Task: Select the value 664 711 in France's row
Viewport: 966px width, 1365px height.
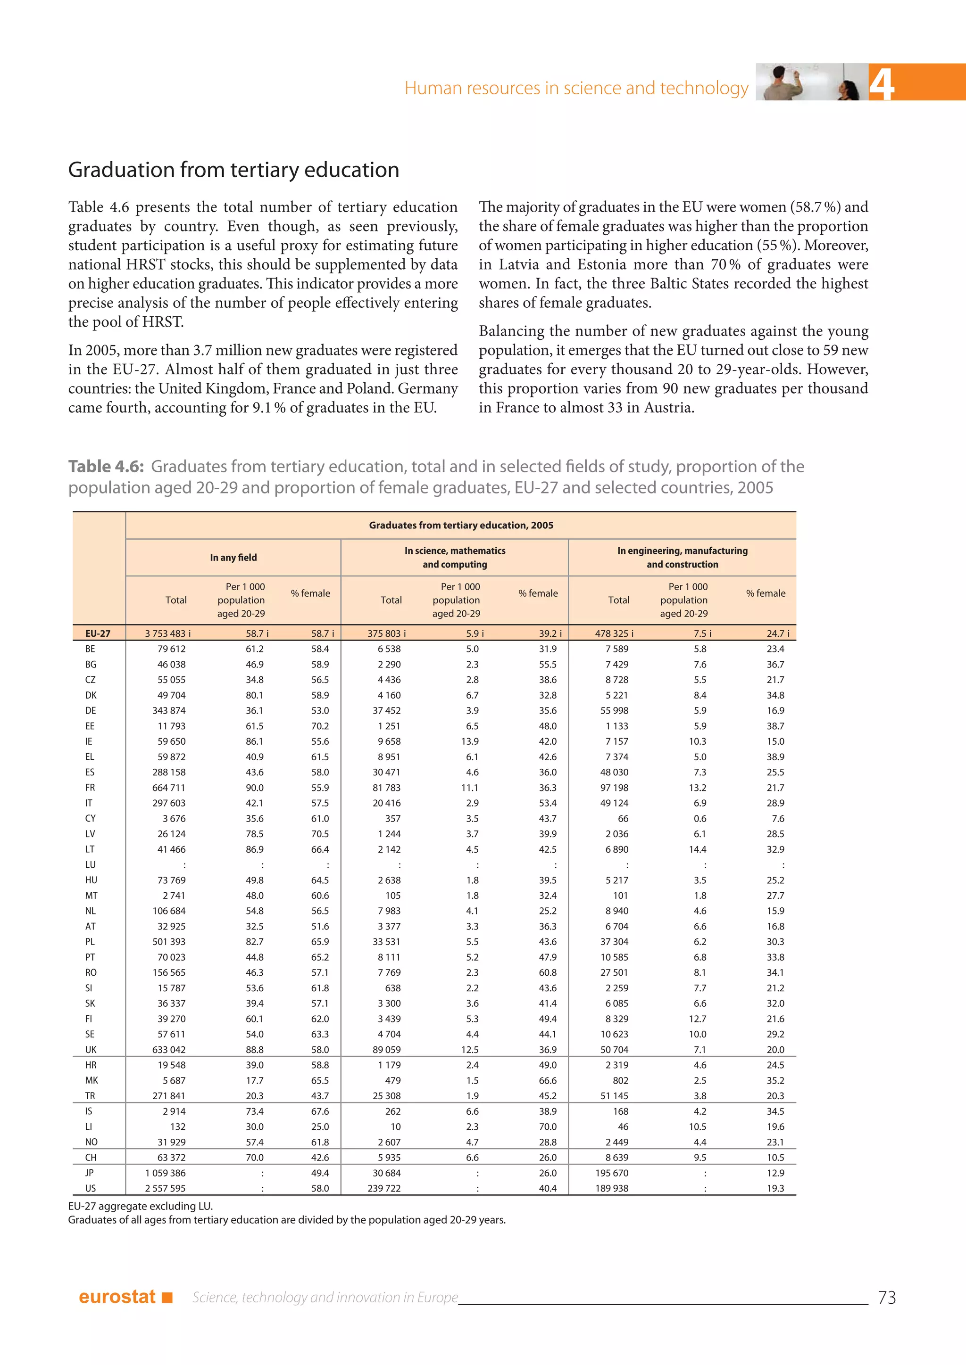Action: click(169, 788)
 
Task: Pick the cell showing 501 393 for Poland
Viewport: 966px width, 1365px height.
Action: click(169, 942)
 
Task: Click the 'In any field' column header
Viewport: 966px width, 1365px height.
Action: click(233, 558)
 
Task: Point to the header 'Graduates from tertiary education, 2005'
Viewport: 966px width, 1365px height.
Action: click(461, 526)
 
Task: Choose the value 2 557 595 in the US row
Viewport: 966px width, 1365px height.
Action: click(166, 1188)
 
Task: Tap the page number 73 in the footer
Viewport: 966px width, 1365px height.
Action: click(886, 1297)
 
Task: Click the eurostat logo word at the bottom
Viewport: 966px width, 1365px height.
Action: click(117, 1297)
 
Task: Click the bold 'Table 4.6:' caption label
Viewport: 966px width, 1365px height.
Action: click(106, 466)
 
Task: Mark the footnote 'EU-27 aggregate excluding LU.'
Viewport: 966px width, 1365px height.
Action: click(141, 1206)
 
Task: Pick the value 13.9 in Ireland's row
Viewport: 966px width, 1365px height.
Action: click(469, 741)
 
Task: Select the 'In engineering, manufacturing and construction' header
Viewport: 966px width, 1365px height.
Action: click(682, 558)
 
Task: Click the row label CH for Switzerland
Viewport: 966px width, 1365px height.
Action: click(91, 1158)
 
